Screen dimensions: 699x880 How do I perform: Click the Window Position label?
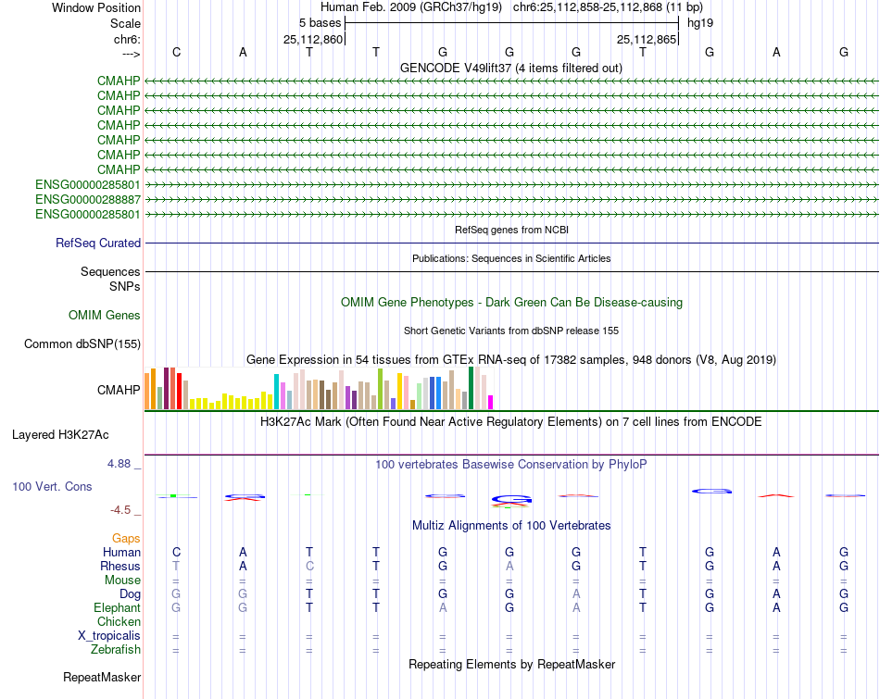coord(96,7)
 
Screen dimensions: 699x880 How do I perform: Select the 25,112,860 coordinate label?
coord(313,39)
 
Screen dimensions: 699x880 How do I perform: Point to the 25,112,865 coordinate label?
coord(647,39)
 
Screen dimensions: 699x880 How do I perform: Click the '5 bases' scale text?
coord(320,22)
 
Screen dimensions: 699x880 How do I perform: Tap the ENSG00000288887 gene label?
coord(88,200)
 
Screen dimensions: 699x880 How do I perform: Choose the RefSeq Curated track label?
coord(98,243)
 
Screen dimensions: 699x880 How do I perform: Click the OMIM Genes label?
coord(105,316)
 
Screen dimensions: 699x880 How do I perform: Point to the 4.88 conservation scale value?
coord(124,464)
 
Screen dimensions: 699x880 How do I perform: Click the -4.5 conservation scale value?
coord(125,510)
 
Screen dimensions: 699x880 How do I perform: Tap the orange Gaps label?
coord(126,538)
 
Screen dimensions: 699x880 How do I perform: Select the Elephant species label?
coord(117,608)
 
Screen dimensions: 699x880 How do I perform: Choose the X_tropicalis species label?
coord(109,636)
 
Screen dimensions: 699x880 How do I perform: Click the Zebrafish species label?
coord(116,651)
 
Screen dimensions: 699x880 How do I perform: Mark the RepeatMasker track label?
coord(101,678)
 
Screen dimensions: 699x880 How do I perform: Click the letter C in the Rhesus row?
coord(309,566)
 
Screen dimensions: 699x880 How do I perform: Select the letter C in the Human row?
coord(176,552)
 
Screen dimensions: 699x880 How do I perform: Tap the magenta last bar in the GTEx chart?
coord(490,402)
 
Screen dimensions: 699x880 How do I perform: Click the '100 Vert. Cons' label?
coord(52,486)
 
